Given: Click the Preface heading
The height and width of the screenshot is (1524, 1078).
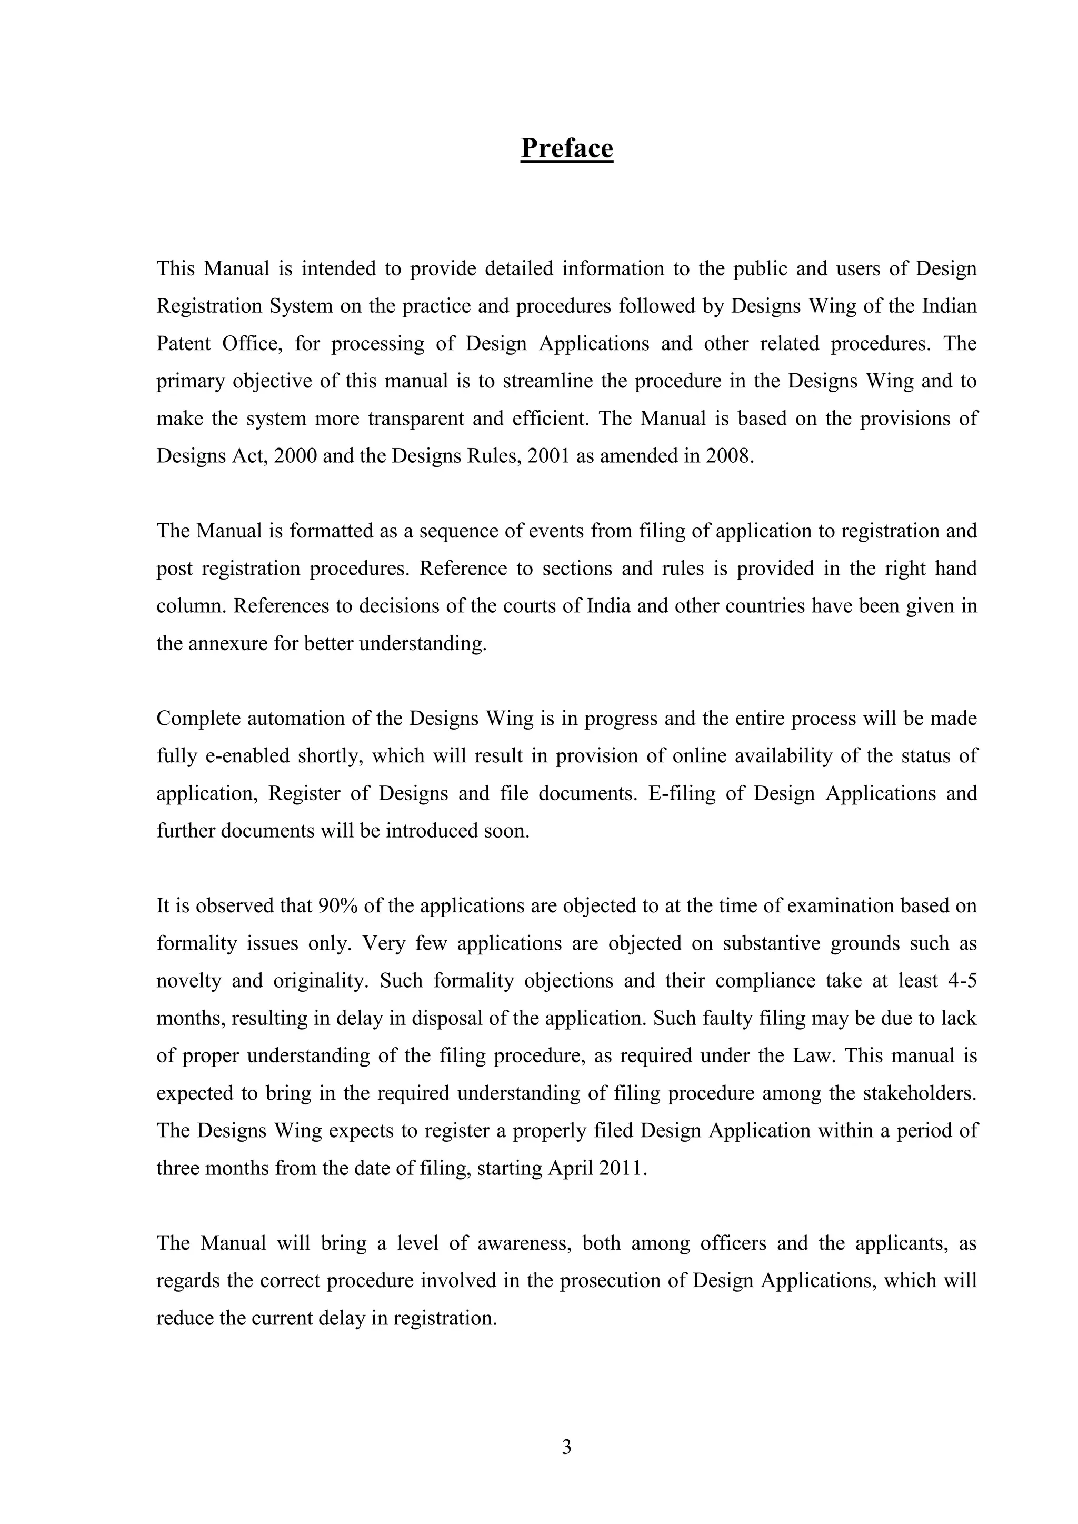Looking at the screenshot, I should (566, 148).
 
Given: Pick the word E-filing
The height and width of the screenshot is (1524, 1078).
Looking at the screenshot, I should (682, 794).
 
